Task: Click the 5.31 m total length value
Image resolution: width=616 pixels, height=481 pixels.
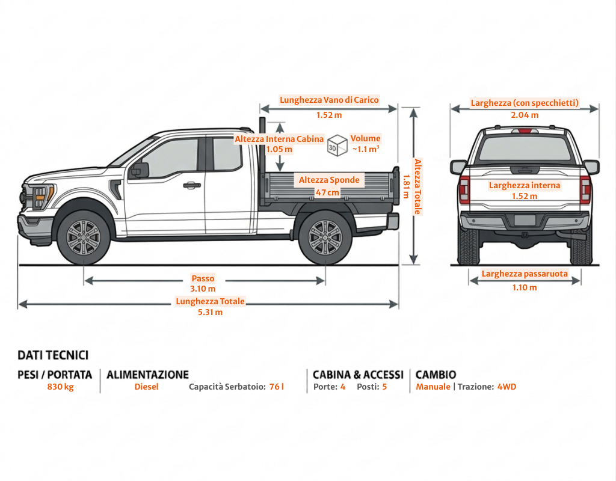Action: click(x=210, y=312)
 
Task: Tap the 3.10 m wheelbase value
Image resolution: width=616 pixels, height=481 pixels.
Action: click(x=203, y=289)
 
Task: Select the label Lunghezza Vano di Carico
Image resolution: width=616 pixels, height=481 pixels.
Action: click(x=329, y=100)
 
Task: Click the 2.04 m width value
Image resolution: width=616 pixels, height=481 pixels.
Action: click(x=525, y=115)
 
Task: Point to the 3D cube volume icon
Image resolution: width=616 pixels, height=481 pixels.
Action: click(x=337, y=145)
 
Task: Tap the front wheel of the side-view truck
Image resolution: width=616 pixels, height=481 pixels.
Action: click(x=84, y=236)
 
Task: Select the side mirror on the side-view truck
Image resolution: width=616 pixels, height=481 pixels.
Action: click(x=139, y=170)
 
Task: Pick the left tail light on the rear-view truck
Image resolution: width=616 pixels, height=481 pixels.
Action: click(x=464, y=189)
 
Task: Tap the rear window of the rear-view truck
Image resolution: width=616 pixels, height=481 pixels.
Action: click(x=525, y=148)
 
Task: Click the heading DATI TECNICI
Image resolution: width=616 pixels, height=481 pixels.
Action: click(x=53, y=355)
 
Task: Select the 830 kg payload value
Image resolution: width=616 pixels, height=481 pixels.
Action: click(x=60, y=387)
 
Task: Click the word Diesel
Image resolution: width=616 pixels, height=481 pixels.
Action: click(x=146, y=387)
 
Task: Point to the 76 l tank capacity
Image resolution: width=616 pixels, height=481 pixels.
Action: click(x=276, y=387)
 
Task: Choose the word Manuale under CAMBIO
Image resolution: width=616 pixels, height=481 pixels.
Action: click(x=433, y=387)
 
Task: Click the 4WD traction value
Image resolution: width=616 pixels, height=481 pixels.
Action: click(x=507, y=387)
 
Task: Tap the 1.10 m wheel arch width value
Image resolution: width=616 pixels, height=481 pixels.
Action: click(x=525, y=287)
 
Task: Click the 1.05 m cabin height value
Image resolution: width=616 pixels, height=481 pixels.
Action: click(x=279, y=149)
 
